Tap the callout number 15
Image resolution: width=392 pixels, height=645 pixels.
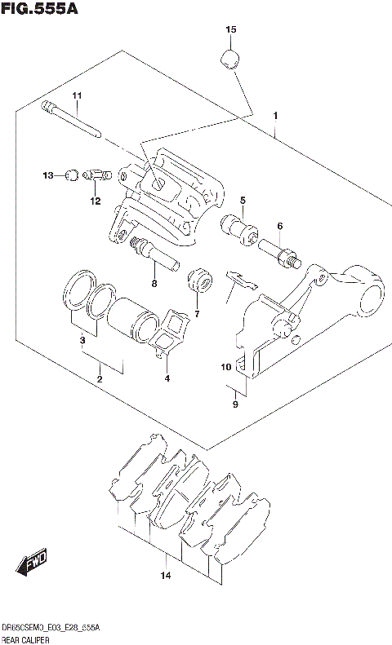230,30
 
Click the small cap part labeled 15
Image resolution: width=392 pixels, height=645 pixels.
230,60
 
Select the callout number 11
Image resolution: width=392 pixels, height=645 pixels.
77,97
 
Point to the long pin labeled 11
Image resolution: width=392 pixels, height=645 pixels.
78,120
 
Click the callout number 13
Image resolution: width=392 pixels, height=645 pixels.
47,175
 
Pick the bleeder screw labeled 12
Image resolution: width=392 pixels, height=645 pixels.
96,174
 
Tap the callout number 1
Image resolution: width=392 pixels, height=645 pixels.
277,115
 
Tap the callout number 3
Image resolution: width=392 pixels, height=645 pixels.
82,340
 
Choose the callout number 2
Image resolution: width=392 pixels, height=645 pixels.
99,378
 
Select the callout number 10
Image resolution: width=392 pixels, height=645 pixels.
225,368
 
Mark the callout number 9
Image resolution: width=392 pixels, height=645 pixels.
235,403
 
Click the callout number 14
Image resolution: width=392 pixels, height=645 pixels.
165,577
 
